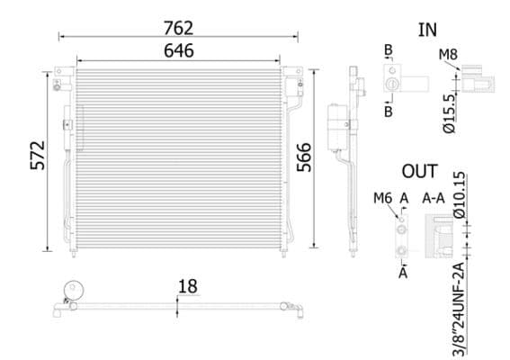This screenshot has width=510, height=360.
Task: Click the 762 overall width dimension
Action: tap(178, 28)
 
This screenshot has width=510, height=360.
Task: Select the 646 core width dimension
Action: tap(178, 50)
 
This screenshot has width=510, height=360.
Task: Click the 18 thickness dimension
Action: tap(187, 286)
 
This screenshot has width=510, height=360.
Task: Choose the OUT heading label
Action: tap(419, 171)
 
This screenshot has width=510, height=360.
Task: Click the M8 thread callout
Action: tap(447, 55)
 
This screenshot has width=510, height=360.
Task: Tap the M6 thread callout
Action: tap(381, 198)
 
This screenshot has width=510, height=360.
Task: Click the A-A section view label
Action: tap(434, 198)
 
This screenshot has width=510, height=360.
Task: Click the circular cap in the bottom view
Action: tap(71, 291)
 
